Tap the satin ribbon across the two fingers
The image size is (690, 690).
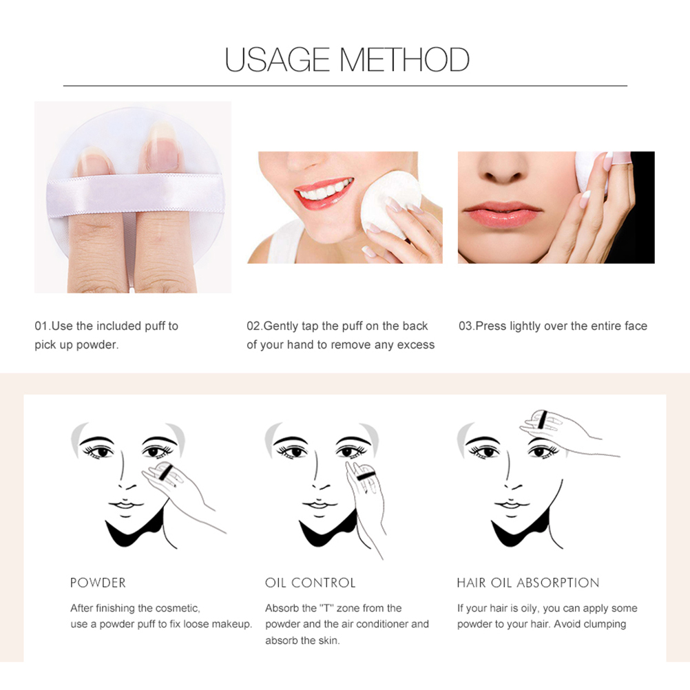[x=136, y=195]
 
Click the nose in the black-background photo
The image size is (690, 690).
[x=503, y=168]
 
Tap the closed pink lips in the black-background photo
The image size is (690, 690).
[x=502, y=215]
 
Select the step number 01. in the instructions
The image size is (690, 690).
[x=43, y=326]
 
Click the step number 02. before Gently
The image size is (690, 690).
[x=255, y=326]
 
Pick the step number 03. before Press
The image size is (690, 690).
[x=467, y=326]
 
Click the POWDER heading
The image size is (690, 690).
[x=98, y=583]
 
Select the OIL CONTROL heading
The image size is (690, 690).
[x=311, y=583]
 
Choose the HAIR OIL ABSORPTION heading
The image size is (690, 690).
[x=528, y=583]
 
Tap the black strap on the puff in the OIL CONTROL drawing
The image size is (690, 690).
[x=365, y=476]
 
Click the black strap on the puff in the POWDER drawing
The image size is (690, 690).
[x=165, y=472]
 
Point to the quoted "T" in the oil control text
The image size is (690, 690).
[x=326, y=608]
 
